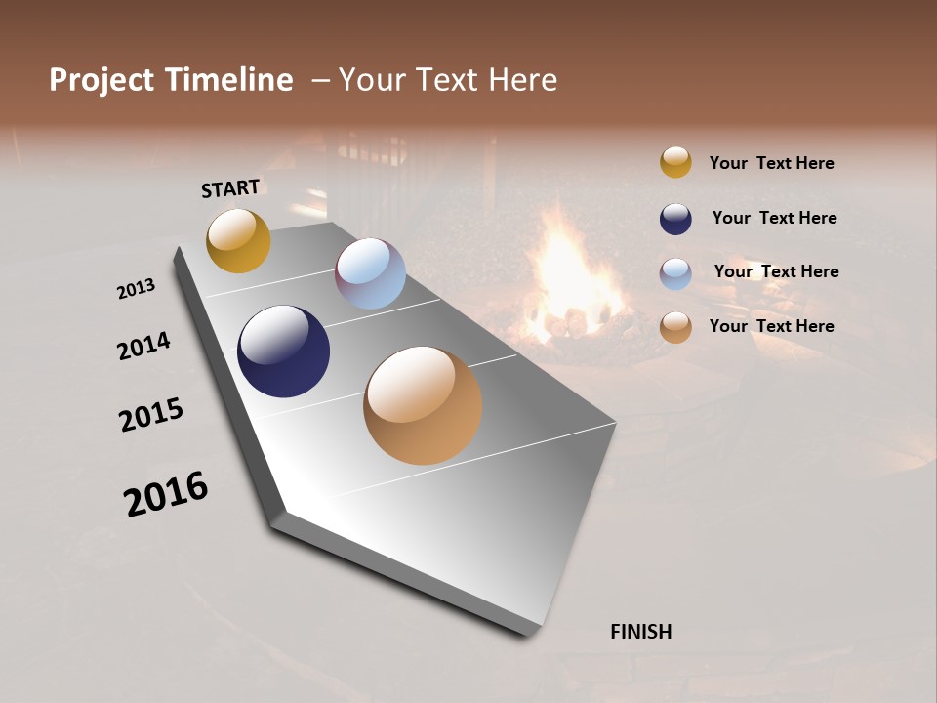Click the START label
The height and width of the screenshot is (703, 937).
[x=230, y=187]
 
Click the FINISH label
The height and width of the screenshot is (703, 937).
[x=640, y=632]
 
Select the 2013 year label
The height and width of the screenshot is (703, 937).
[x=136, y=289]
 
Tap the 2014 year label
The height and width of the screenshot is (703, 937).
[x=143, y=347]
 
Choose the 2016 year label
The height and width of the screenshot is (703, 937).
[x=166, y=494]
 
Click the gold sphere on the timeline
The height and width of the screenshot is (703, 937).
[x=238, y=240]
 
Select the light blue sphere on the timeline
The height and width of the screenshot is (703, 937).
[x=370, y=273]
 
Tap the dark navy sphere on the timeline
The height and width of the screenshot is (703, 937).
[x=283, y=351]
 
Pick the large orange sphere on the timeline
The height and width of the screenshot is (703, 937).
[x=423, y=405]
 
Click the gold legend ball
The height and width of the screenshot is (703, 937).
[x=675, y=162]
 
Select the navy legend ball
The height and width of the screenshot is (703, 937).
[x=675, y=219]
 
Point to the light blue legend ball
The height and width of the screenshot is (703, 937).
[x=675, y=273]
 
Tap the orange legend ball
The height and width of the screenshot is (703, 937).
[x=675, y=327]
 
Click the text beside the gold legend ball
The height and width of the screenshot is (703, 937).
[x=771, y=163]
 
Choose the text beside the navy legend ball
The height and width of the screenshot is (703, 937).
[x=774, y=218]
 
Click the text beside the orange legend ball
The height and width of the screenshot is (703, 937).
[x=771, y=326]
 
